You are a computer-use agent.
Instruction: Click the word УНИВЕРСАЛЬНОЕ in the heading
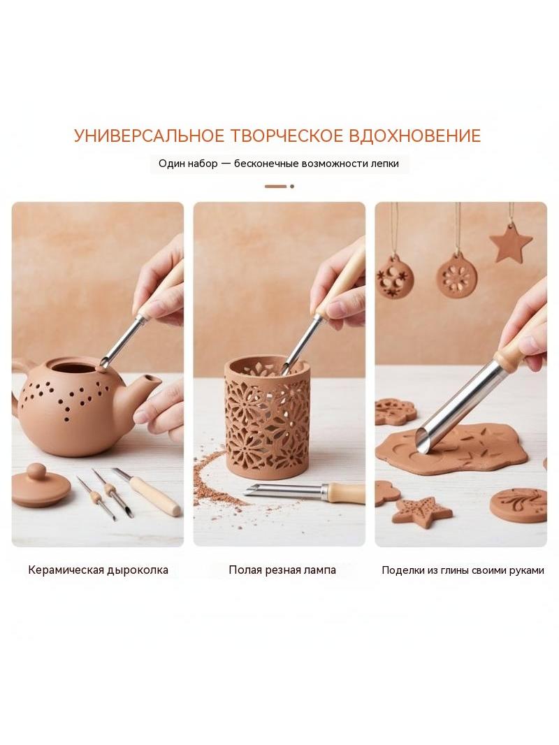tap(149, 136)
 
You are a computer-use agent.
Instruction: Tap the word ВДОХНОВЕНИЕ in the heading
tap(414, 136)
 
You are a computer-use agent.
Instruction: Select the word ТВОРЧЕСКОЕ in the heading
tap(286, 136)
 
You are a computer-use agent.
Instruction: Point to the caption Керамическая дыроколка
tap(98, 570)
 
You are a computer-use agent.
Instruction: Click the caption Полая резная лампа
tap(282, 570)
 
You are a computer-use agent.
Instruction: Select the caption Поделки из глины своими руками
tap(463, 570)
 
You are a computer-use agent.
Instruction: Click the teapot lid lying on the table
tap(41, 486)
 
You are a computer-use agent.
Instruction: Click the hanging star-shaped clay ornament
tap(511, 246)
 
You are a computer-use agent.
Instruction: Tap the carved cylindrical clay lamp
tap(266, 412)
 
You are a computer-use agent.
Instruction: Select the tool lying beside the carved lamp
tap(305, 492)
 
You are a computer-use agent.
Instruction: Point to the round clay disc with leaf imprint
tap(518, 504)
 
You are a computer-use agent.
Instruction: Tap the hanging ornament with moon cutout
tap(395, 277)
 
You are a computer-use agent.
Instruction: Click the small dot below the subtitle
tap(291, 186)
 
